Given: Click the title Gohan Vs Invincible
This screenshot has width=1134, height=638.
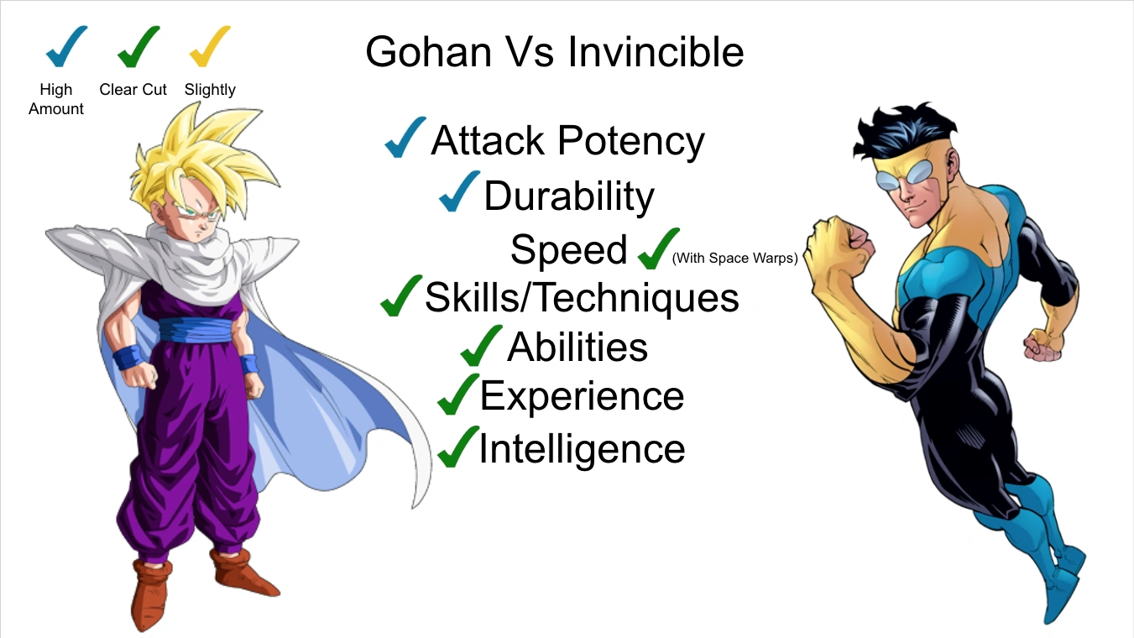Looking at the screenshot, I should (554, 52).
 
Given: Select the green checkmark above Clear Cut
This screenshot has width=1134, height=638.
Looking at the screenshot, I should (137, 47).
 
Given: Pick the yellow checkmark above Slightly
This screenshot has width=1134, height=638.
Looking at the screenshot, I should (209, 47).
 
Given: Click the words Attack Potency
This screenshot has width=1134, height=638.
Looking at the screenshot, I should (567, 141).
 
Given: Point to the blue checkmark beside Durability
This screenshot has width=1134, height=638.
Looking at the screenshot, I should (458, 192).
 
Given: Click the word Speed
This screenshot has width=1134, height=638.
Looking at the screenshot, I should (568, 249).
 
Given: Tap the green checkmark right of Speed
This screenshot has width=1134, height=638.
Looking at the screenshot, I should (657, 249).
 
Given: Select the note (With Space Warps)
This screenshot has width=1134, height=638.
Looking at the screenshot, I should (734, 259).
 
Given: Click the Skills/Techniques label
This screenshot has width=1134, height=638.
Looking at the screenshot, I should (582, 297).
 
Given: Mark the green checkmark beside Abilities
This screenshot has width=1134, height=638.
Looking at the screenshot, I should (481, 346).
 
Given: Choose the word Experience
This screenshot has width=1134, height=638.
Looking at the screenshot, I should (582, 396).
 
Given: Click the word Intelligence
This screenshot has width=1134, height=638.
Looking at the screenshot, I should (582, 448).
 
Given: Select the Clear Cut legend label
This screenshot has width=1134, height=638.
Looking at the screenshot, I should (133, 90).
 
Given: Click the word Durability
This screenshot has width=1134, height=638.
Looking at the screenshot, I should (569, 196).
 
